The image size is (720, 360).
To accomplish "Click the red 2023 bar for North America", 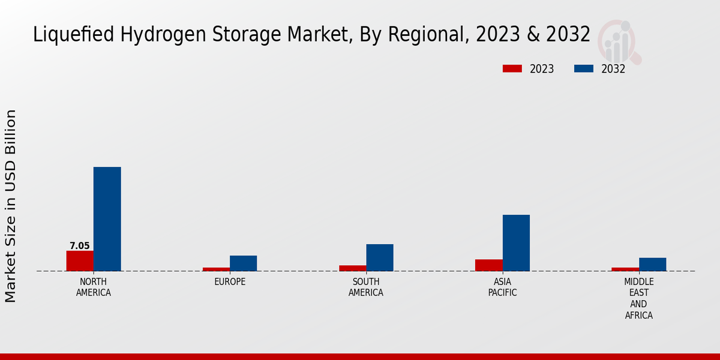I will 80,260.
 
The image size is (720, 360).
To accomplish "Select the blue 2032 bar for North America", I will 107,218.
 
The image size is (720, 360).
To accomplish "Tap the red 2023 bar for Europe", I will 216,269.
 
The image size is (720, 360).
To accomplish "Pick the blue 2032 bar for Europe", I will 243,263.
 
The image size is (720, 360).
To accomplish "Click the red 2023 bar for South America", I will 352,268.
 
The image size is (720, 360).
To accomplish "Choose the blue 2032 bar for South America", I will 380,257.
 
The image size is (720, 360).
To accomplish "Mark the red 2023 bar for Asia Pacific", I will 488,265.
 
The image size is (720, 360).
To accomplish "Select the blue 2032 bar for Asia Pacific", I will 516,242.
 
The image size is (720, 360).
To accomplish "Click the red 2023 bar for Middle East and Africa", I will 625,269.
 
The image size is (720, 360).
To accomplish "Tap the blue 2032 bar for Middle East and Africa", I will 652,264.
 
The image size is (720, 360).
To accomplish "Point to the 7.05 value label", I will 80,246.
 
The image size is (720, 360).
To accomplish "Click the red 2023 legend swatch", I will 512,69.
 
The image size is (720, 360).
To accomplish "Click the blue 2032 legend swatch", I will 583,69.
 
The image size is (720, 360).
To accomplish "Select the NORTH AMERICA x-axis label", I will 94,287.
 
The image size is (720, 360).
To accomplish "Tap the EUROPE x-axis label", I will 230,281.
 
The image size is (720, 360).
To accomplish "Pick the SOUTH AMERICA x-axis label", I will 366,287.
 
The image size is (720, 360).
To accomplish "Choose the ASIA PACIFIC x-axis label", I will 502,287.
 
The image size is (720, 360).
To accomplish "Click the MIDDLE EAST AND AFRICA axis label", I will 639,298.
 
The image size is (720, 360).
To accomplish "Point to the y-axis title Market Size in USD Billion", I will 11,206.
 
